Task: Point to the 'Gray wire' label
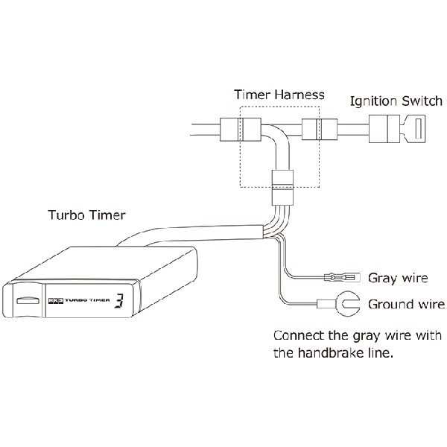coord(398,279)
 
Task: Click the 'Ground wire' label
coord(406,304)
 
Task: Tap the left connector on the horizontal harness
coord(240,130)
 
